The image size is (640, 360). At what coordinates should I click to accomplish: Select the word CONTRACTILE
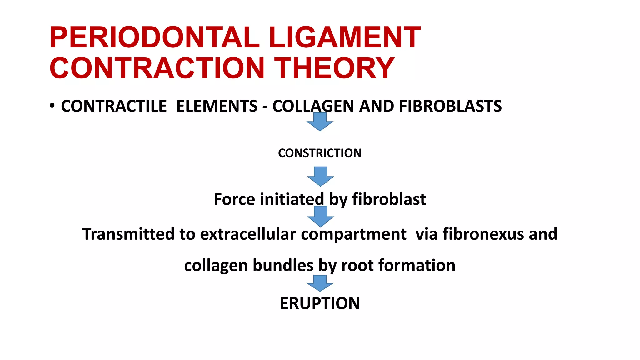click(114, 106)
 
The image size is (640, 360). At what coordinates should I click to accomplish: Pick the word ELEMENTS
click(217, 106)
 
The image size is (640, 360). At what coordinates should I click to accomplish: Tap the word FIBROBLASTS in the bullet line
click(450, 106)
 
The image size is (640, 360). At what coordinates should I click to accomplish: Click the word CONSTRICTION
click(320, 153)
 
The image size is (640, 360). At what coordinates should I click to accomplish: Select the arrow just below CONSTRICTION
click(321, 177)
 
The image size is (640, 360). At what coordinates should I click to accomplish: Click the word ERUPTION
click(320, 303)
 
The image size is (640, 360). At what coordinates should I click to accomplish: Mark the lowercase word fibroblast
click(389, 199)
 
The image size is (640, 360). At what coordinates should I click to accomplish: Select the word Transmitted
click(128, 234)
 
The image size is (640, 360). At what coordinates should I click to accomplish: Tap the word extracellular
click(248, 234)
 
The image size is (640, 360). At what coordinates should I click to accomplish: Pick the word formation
click(417, 266)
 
